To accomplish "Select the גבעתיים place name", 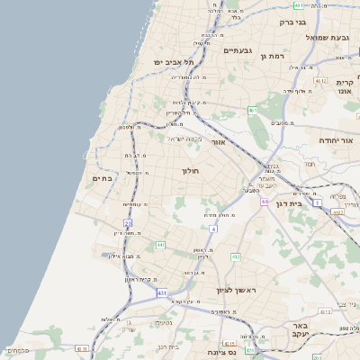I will click(x=240, y=50).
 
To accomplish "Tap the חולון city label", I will click(x=190, y=170).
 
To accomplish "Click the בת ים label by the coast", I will click(x=100, y=179).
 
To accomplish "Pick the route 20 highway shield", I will click(x=128, y=222).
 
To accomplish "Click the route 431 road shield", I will click(x=161, y=293).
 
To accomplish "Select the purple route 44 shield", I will click(x=265, y=201).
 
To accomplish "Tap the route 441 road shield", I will click(x=161, y=244).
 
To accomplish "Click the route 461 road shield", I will click(x=253, y=111).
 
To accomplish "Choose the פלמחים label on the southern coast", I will click(x=17, y=350).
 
